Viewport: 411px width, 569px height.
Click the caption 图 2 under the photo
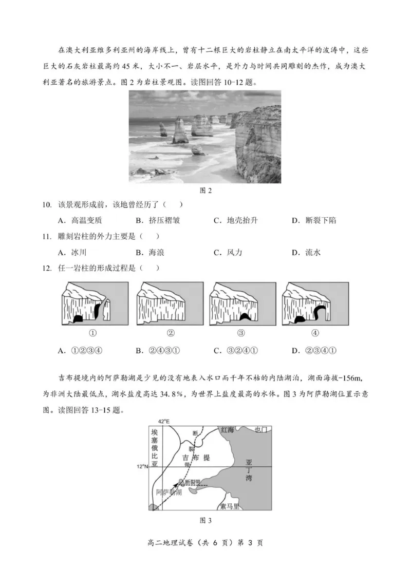pos(206,191)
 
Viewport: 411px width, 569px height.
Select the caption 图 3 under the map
pos(206,520)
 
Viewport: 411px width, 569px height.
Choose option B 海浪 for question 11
pos(150,252)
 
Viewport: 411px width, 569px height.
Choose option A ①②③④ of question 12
pos(81,351)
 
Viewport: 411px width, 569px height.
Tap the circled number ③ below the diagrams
pos(241,332)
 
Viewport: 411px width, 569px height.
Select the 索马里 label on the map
pos(229,506)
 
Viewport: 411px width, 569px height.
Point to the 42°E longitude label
pos(163,421)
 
